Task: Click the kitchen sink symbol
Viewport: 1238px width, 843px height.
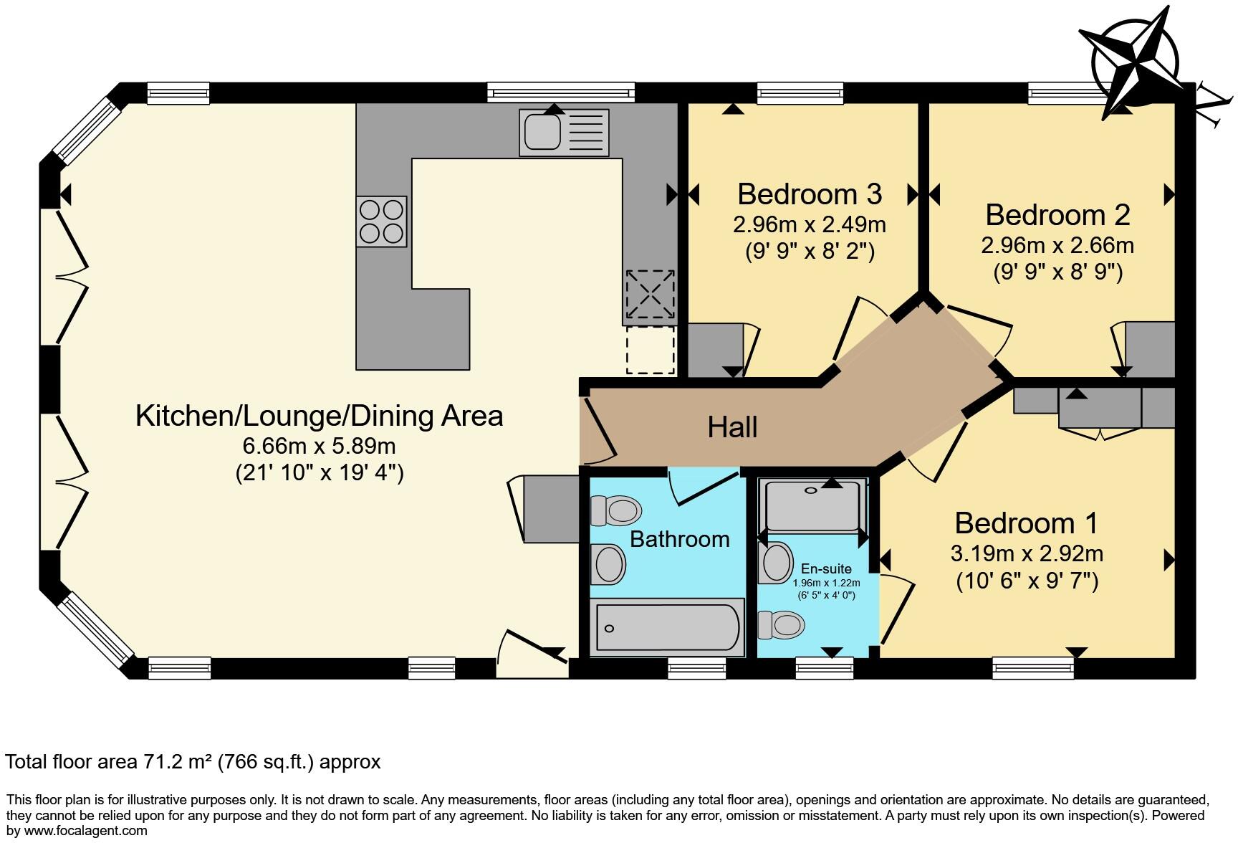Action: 564,133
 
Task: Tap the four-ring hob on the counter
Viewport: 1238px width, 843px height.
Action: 381,222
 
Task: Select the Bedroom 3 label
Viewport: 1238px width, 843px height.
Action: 810,194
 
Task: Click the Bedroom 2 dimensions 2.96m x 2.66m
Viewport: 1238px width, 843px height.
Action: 1057,246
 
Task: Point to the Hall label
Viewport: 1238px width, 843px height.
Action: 732,427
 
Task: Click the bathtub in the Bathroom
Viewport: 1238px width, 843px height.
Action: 667,628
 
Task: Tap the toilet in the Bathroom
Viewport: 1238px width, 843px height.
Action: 615,511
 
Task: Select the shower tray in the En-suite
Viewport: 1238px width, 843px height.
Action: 812,505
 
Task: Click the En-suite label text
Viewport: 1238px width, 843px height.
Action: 826,568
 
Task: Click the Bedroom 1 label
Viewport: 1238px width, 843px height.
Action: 1026,523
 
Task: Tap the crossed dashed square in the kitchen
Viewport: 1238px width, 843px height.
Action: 650,295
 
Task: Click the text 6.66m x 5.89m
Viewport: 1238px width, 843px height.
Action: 319,446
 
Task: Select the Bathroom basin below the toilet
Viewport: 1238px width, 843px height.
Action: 610,563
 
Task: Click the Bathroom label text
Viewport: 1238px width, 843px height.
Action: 679,539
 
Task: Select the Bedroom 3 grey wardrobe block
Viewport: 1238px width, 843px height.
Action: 714,351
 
